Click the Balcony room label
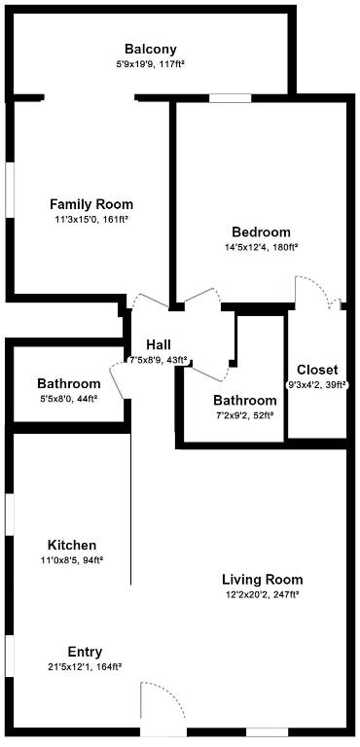coord(150,49)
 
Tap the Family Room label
coord(91,204)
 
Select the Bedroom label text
coord(261,232)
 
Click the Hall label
coord(159,345)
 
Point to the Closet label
coord(317,370)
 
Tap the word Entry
coord(85,652)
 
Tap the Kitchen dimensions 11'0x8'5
coord(73,560)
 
